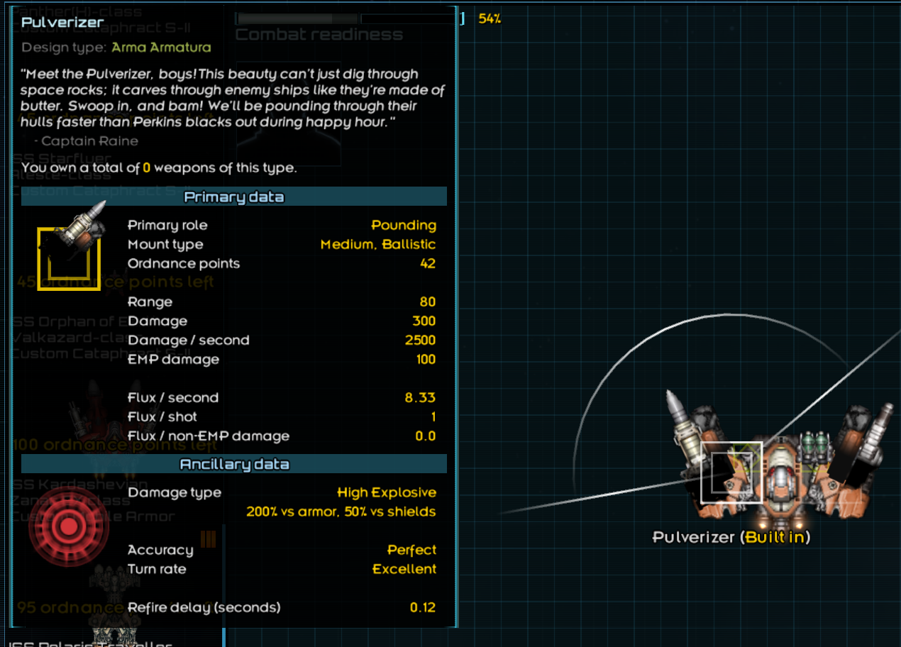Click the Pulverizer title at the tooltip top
click(x=62, y=22)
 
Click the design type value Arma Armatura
click(x=161, y=48)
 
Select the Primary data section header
click(x=234, y=197)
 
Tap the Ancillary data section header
click(x=234, y=464)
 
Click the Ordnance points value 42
click(x=427, y=263)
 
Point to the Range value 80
click(x=427, y=302)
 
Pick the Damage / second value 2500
click(x=420, y=340)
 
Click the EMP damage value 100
click(x=426, y=359)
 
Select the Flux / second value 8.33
click(x=420, y=397)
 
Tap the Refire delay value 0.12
click(x=423, y=607)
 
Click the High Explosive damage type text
click(x=387, y=492)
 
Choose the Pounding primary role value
click(x=404, y=225)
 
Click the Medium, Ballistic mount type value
click(x=378, y=244)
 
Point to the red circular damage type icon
click(x=68, y=526)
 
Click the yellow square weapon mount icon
click(x=69, y=259)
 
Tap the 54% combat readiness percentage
click(x=490, y=19)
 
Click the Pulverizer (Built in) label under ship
click(x=731, y=537)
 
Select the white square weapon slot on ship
click(x=731, y=472)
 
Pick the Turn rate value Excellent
click(x=404, y=569)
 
